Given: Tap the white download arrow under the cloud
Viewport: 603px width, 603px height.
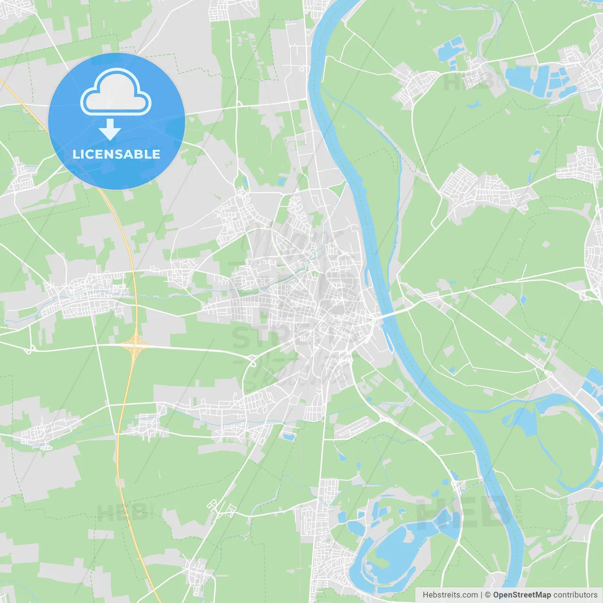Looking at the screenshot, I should point(110,130).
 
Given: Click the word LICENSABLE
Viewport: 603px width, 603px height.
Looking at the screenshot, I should point(116,154).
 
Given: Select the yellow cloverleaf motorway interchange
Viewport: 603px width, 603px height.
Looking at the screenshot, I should point(135,345).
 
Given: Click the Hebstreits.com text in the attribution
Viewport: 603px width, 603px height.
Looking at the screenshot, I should point(450,595).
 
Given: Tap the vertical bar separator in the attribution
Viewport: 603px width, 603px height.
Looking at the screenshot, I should point(481,595).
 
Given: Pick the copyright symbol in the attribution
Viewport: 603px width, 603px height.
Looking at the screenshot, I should point(488,595).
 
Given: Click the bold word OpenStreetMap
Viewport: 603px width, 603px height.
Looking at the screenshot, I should point(522,595).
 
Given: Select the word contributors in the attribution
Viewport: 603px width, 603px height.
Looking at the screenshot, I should point(575,595).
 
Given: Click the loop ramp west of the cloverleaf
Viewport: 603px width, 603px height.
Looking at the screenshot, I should point(30,350).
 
